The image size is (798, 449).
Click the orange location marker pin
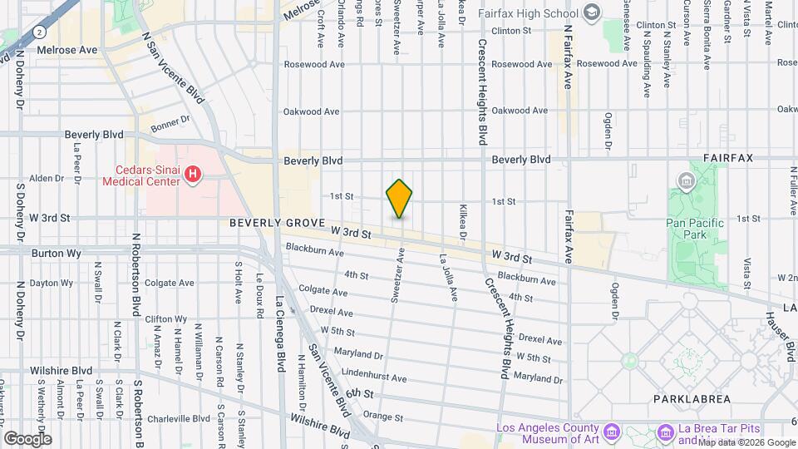coord(399,199)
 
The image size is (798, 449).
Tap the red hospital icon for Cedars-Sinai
coord(193,175)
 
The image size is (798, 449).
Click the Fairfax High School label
coord(529,14)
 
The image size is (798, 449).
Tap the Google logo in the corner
coord(27,438)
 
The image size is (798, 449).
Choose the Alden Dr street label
coord(47,178)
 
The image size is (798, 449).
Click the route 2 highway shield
coord(40,31)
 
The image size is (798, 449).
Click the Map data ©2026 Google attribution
coord(746,443)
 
